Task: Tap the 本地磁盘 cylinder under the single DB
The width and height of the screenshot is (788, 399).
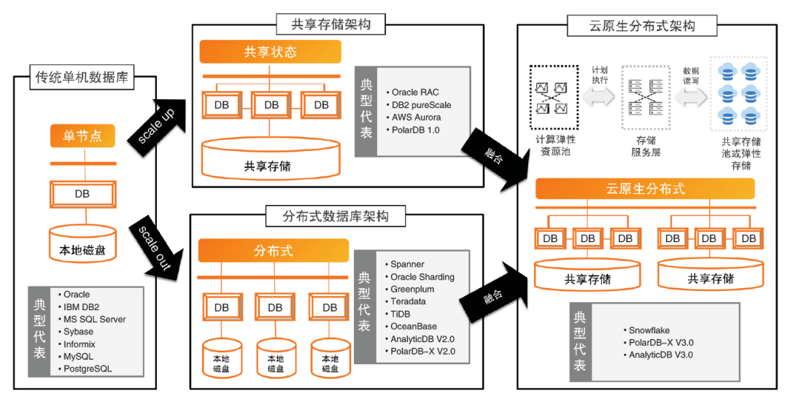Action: tap(82, 244)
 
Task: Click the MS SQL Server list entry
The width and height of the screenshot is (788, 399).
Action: tap(94, 319)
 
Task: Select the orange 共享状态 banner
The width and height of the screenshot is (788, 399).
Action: tap(270, 53)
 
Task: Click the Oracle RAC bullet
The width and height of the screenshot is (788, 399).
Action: tap(414, 93)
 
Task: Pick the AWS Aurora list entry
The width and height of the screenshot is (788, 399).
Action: tap(416, 117)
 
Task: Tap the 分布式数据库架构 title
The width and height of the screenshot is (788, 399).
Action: tap(336, 217)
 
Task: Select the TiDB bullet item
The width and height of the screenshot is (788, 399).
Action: tap(401, 314)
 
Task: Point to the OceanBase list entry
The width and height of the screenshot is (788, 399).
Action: tap(413, 327)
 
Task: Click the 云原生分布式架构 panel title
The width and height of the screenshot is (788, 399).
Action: tap(642, 26)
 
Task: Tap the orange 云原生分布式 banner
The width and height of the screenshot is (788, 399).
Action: tap(646, 188)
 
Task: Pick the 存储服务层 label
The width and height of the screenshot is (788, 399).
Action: tap(646, 147)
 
